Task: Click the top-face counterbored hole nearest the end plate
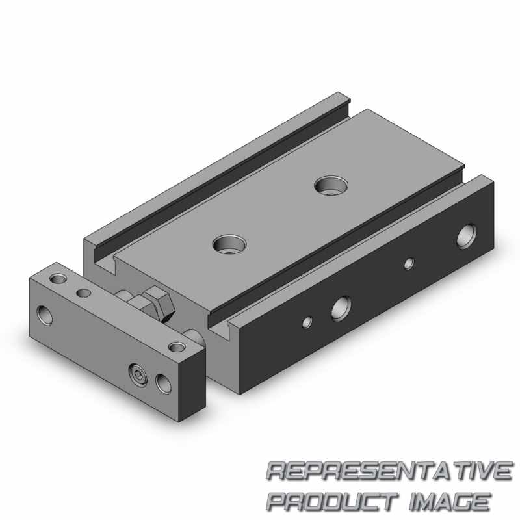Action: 229,244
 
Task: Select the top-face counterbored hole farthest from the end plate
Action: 331,186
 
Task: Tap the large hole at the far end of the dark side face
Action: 467,236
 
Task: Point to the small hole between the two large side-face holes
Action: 409,264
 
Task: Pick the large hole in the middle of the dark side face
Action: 341,309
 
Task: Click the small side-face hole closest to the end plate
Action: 307,322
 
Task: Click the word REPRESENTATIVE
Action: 389,471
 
